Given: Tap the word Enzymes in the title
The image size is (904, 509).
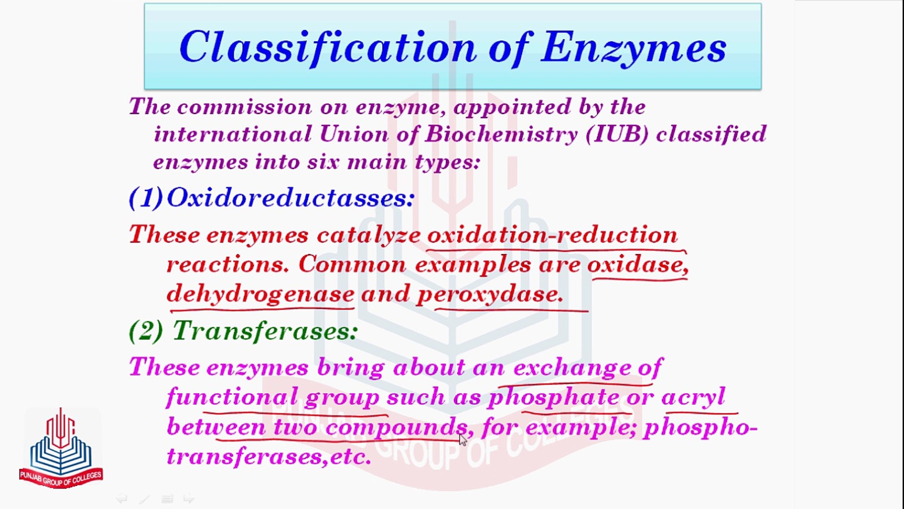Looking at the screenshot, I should pos(634,47).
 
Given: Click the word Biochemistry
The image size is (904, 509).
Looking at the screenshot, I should pos(501,134).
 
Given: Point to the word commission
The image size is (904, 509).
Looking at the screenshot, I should pos(244,107).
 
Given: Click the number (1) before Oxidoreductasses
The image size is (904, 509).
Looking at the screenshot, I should pos(146,197).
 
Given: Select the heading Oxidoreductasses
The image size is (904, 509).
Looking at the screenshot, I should pos(291,197).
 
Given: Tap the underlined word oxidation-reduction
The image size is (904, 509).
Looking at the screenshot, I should pos(552,235).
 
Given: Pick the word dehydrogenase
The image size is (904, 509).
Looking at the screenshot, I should pos(260,294).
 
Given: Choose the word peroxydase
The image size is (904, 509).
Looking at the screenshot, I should pos(490,294).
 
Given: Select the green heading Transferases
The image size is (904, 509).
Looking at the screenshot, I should pos(265,331).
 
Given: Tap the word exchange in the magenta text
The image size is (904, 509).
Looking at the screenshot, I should pos(572,368).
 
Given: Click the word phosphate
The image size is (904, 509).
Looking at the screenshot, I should pos(553,397).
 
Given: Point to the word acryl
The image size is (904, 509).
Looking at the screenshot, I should pos(693,397).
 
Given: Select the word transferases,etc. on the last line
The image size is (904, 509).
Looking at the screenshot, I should pos(269,456).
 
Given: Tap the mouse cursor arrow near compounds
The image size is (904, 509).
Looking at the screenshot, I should pos(463,440).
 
